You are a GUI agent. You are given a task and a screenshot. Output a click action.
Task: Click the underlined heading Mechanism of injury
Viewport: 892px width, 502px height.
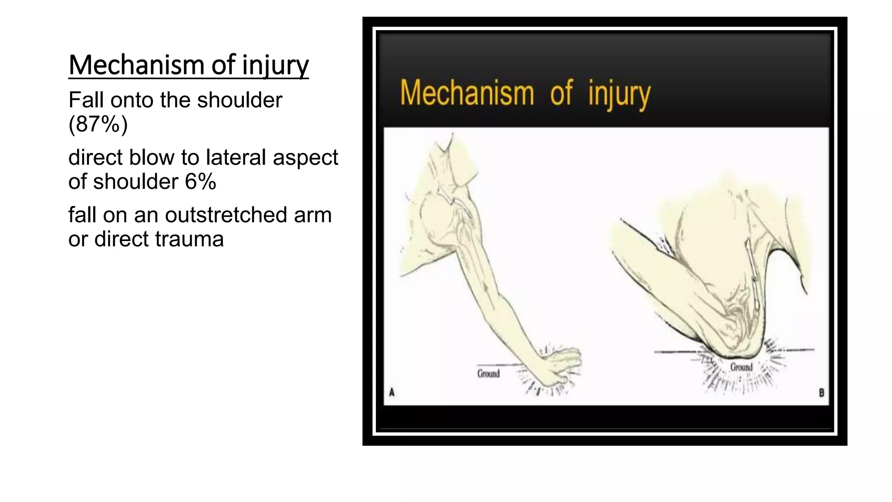(x=188, y=65)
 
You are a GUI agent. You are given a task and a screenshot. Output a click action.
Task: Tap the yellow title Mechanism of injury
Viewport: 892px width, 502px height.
(x=525, y=93)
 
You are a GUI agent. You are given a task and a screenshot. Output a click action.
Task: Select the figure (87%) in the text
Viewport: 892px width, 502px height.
(x=98, y=124)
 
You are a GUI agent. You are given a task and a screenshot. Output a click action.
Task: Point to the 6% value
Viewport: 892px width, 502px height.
(x=200, y=182)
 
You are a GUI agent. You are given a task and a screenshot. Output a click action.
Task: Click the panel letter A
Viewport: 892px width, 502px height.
(x=392, y=393)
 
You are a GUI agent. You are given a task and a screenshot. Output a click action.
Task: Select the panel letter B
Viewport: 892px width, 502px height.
(x=821, y=393)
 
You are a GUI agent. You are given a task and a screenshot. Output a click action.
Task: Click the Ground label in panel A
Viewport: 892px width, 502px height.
(x=488, y=374)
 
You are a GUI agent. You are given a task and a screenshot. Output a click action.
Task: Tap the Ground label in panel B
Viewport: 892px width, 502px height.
(x=741, y=367)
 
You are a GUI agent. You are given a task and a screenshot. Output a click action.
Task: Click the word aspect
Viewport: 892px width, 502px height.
(x=305, y=157)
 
